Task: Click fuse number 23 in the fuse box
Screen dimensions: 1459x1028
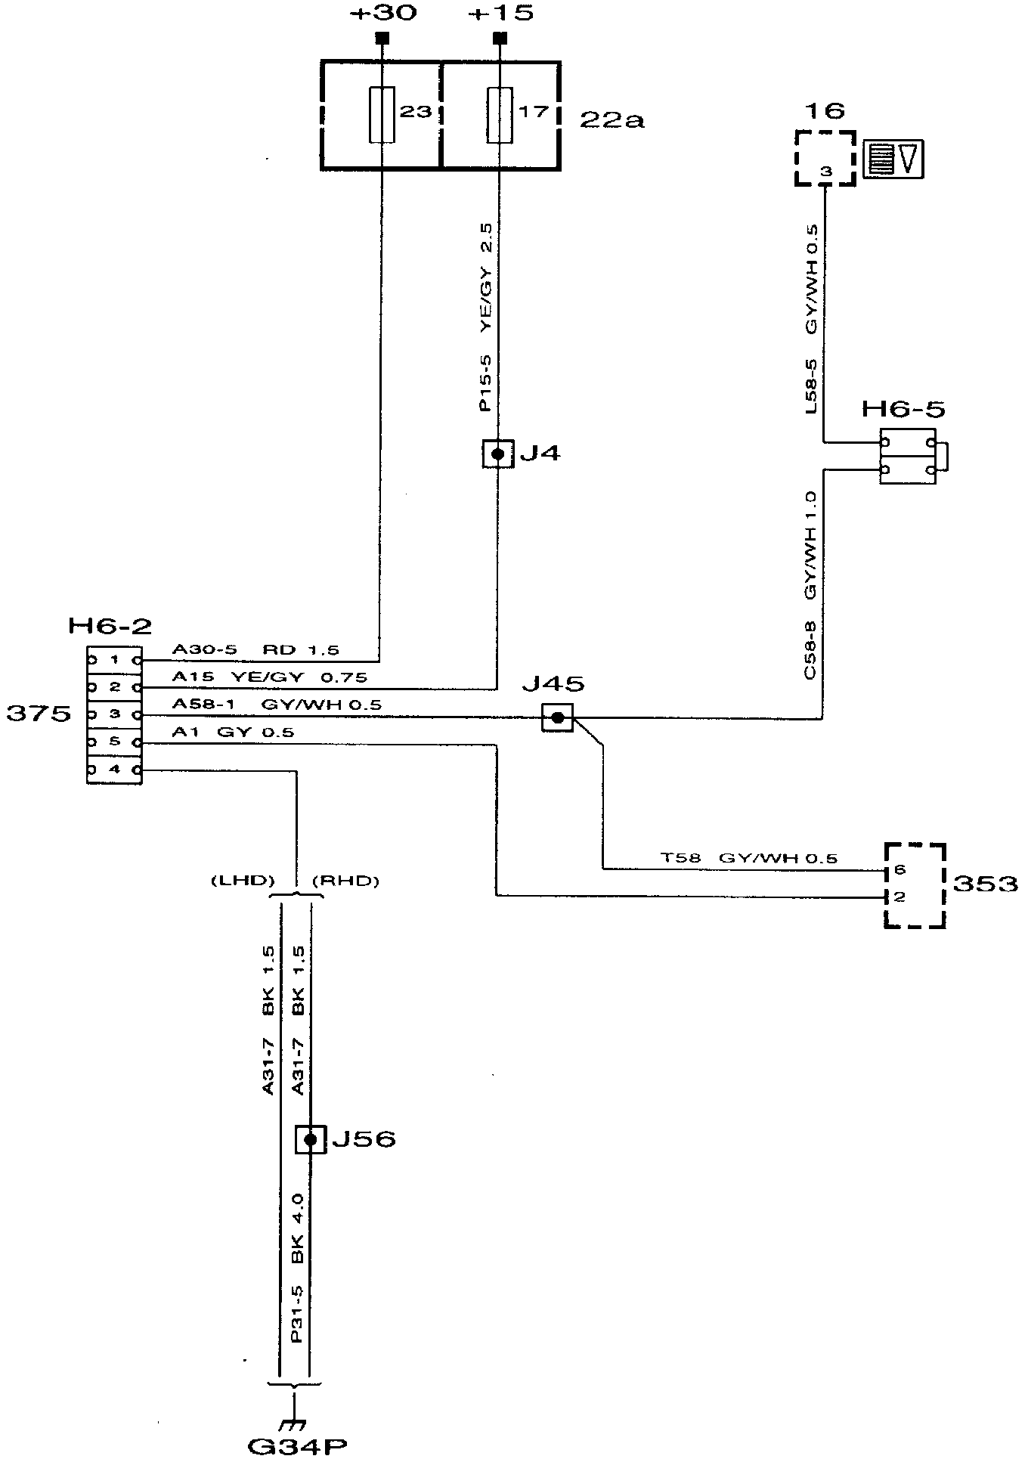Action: pyautogui.click(x=382, y=114)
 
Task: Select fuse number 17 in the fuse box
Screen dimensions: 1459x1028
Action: pyautogui.click(x=500, y=114)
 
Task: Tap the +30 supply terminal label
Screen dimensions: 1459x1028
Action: pyautogui.click(x=385, y=14)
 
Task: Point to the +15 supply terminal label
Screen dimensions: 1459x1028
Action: pyautogui.click(x=500, y=14)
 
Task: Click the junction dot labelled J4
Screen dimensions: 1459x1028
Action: pyautogui.click(x=497, y=454)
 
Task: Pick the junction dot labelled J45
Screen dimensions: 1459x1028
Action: pyautogui.click(x=557, y=717)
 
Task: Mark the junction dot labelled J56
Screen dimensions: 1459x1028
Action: pyautogui.click(x=310, y=1139)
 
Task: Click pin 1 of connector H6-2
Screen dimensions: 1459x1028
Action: pyautogui.click(x=115, y=660)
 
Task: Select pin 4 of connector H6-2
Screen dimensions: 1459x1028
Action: pyautogui.click(x=115, y=770)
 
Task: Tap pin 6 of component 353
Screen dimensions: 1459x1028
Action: pyautogui.click(x=899, y=870)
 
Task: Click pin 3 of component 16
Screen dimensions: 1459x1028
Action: pyautogui.click(x=825, y=172)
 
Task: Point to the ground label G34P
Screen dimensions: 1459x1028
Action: pyautogui.click(x=297, y=1445)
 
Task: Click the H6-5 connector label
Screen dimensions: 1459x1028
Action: pyautogui.click(x=903, y=410)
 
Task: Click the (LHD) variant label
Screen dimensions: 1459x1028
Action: pyautogui.click(x=242, y=881)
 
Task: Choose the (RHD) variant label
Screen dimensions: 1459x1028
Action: pyautogui.click(x=345, y=881)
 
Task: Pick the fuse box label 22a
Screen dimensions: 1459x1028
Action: pyautogui.click(x=612, y=119)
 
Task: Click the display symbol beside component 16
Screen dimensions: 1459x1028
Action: pyautogui.click(x=894, y=160)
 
